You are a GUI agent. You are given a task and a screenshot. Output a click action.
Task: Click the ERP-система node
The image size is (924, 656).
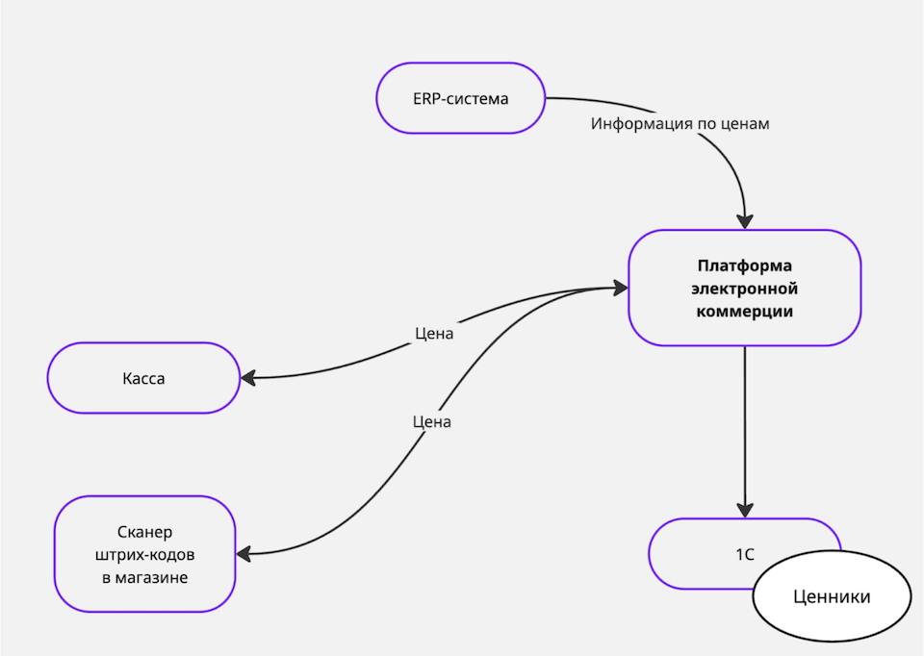click(x=460, y=98)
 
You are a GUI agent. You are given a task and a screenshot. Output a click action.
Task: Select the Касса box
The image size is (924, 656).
click(x=143, y=378)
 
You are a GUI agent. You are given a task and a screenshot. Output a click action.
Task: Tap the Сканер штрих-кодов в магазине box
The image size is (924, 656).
click(x=145, y=554)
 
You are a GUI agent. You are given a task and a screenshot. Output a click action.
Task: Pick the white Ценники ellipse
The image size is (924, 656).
click(x=832, y=597)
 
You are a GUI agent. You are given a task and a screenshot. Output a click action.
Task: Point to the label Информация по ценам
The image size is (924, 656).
click(x=680, y=124)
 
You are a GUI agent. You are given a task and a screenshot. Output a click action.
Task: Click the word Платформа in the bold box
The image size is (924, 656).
click(x=745, y=265)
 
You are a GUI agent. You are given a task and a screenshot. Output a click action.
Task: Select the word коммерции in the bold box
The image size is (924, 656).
click(x=745, y=310)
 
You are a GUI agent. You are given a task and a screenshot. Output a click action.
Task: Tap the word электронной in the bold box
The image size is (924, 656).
click(x=745, y=288)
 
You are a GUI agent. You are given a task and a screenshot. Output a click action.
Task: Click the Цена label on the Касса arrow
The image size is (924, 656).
click(x=434, y=335)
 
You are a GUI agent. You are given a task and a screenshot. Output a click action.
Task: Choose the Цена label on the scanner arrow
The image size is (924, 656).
click(x=431, y=421)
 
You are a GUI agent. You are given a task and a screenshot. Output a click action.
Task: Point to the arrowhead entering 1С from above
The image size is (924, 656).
click(x=745, y=512)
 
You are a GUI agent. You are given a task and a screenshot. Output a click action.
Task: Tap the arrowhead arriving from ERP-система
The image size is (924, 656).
click(x=745, y=220)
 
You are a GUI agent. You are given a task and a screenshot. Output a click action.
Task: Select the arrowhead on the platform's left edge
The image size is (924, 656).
click(x=621, y=287)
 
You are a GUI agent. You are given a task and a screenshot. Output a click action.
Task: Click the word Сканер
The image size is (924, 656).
click(x=145, y=533)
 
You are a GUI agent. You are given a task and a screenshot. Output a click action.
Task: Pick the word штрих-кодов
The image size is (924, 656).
click(x=145, y=555)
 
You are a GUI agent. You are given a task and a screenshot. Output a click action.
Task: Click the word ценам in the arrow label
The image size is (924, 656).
click(x=746, y=124)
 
